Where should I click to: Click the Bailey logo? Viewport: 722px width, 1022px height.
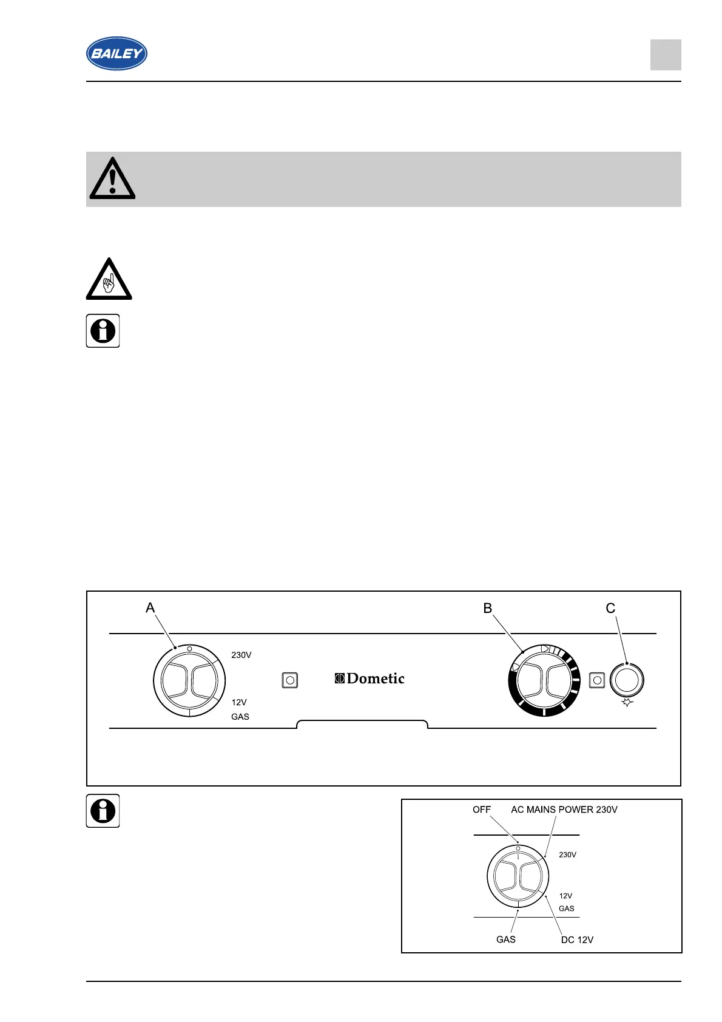pyautogui.click(x=116, y=53)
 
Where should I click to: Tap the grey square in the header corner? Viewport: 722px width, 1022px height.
pyautogui.click(x=666, y=55)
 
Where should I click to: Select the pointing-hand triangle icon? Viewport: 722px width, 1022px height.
pyautogui.click(x=109, y=280)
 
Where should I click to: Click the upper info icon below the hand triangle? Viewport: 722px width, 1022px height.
pyautogui.click(x=103, y=331)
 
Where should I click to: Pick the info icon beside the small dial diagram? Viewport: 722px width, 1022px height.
pyautogui.click(x=103, y=811)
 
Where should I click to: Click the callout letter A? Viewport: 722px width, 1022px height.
pyautogui.click(x=150, y=608)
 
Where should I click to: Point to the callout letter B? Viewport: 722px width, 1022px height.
pyautogui.click(x=487, y=608)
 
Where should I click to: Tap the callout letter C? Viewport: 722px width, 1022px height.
pyautogui.click(x=610, y=608)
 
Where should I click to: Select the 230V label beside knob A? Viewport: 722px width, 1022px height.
pyautogui.click(x=241, y=655)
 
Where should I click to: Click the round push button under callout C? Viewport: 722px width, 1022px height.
pyautogui.click(x=627, y=680)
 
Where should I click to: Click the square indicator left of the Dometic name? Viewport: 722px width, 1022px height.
pyautogui.click(x=290, y=680)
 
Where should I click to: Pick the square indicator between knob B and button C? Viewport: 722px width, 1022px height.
pyautogui.click(x=597, y=680)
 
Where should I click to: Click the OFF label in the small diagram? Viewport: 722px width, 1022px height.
pyautogui.click(x=482, y=810)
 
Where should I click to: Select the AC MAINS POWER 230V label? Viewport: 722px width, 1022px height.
pyautogui.click(x=564, y=810)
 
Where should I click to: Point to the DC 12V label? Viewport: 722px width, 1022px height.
pyautogui.click(x=577, y=939)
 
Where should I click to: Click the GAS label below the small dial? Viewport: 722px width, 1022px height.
pyautogui.click(x=506, y=939)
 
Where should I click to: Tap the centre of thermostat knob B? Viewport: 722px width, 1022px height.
pyautogui.click(x=544, y=680)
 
